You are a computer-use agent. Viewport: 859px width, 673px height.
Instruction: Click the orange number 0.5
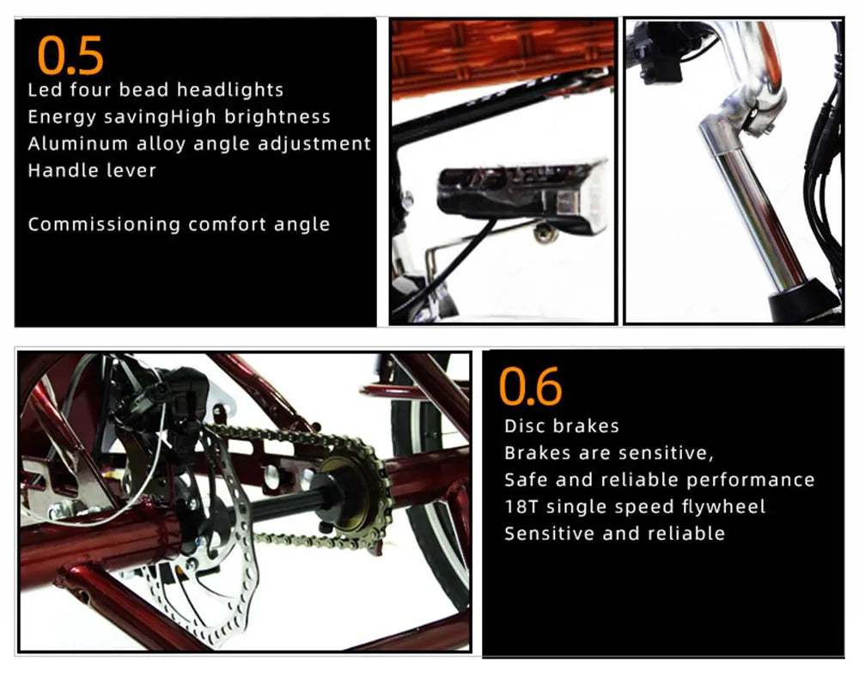[x=70, y=55]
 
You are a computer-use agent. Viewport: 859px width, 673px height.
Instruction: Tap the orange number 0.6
[x=530, y=387]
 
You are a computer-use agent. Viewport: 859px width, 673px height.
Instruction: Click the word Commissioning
[x=104, y=224]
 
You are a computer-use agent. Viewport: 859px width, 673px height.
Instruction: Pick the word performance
[x=751, y=480]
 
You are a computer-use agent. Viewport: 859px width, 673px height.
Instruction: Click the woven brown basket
[x=503, y=55]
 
